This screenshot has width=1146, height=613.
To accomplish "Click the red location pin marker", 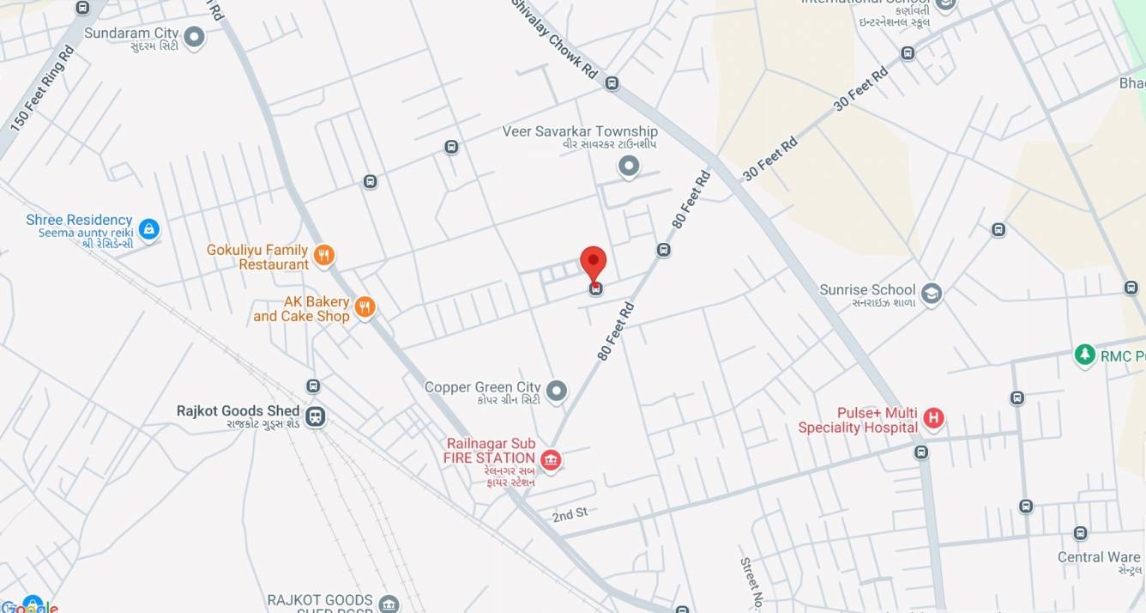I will click(x=594, y=262).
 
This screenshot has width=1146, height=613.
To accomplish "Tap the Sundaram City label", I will click(x=131, y=33).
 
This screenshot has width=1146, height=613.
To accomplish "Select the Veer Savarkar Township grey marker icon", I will click(x=629, y=166).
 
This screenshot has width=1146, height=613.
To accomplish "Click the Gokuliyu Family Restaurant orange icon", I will click(x=323, y=254).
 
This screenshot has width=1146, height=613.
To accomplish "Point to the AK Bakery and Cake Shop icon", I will click(x=365, y=306).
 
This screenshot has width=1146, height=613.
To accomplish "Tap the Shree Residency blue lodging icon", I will click(x=149, y=229).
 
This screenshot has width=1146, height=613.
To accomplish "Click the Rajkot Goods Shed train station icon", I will click(x=316, y=417).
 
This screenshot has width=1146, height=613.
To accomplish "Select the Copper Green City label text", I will click(x=482, y=387).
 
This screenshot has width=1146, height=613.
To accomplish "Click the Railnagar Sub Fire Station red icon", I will click(x=551, y=461).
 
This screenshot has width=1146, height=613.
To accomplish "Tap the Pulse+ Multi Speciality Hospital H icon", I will click(x=933, y=419).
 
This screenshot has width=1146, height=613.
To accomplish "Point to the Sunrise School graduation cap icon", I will click(x=931, y=294).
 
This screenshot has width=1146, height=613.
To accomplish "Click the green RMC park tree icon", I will click(x=1085, y=354).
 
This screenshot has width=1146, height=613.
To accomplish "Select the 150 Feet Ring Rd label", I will click(x=42, y=88).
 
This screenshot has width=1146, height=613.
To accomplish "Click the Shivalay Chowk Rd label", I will click(x=554, y=39).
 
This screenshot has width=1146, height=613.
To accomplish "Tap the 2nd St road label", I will click(x=570, y=514).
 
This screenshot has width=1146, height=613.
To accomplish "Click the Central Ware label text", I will click(x=1098, y=557).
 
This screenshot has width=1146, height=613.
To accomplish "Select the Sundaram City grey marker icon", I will click(x=195, y=37).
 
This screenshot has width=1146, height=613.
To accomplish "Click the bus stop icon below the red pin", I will click(x=594, y=289).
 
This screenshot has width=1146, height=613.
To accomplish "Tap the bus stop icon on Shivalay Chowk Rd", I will click(x=612, y=83).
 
